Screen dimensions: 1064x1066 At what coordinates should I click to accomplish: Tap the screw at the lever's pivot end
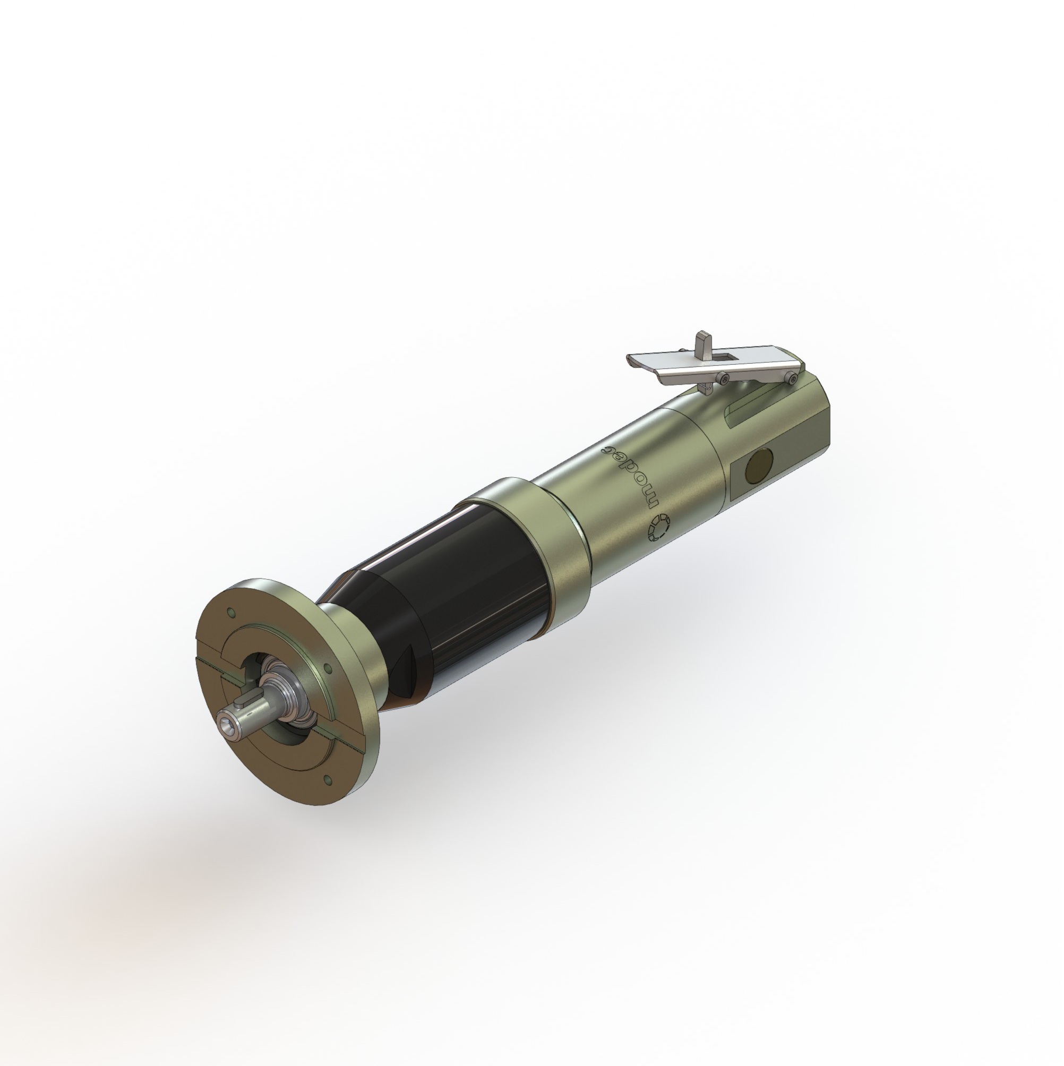[x=793, y=379]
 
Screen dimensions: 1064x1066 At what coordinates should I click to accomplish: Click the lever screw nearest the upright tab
[x=723, y=378]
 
